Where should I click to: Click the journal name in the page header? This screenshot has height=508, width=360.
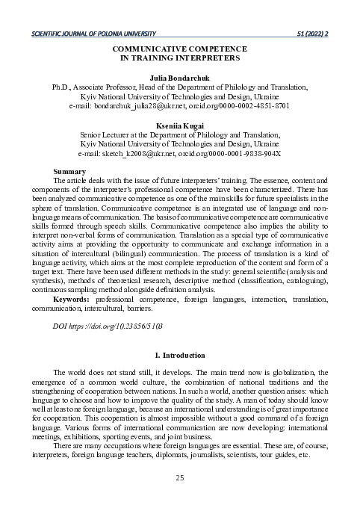pos(90,34)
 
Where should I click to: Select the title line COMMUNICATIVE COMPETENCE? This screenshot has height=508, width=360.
pos(179,48)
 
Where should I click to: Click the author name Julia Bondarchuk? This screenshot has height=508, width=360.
pos(179,77)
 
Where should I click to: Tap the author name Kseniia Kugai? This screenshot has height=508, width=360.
pos(179,125)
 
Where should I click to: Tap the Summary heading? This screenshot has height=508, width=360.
pos(69,172)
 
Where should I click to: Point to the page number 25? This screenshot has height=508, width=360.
pos(179,478)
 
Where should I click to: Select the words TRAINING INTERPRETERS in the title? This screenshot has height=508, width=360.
pos(184,57)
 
